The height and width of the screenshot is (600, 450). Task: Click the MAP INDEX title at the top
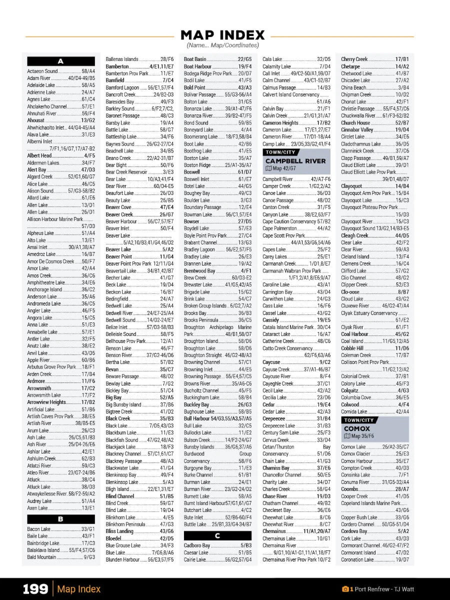point(222,35)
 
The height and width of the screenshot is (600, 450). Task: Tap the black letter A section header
point(60,61)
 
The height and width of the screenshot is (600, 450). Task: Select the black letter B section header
point(60,519)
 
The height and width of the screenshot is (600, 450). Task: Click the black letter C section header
point(217,535)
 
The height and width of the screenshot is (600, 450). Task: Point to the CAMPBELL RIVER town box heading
point(295,161)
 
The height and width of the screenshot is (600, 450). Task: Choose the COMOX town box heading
point(356,428)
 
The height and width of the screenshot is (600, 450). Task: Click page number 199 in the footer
point(35,589)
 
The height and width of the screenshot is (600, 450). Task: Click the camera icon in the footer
point(345,589)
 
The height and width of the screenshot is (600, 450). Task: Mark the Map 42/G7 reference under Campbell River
point(281,168)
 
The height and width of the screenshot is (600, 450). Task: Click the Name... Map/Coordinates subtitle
point(222,45)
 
